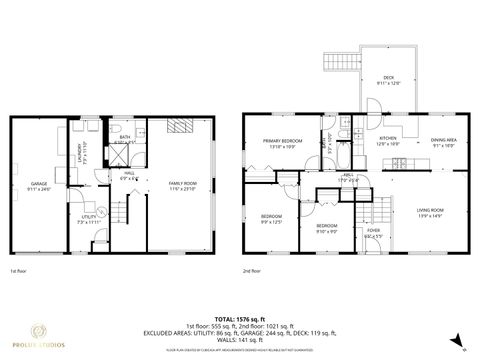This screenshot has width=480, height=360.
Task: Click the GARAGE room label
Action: (x=40, y=185)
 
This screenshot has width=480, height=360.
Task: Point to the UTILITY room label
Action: (x=87, y=218)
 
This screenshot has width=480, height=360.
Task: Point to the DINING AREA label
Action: (x=444, y=141)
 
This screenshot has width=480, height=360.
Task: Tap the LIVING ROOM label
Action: (x=430, y=211)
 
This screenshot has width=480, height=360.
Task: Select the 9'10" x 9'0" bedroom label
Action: (x=327, y=228)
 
